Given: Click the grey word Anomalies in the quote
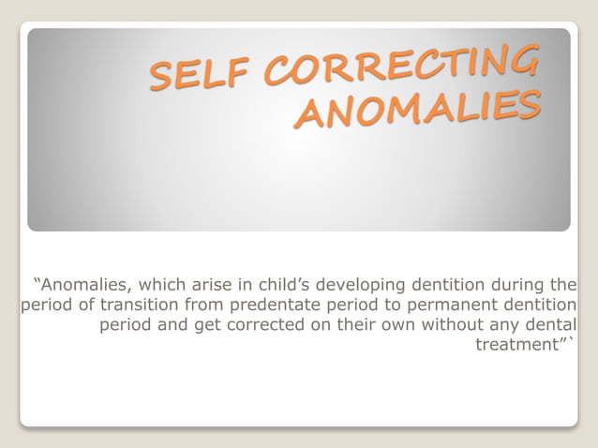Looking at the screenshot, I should pos(83,284).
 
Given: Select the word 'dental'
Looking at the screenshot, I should pos(548,325).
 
